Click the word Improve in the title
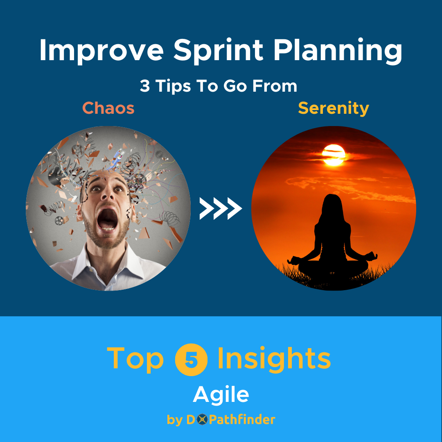pyautogui.click(x=101, y=51)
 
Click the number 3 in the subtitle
pyautogui.click(x=145, y=86)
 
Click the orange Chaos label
pyautogui.click(x=108, y=108)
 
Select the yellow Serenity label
pyautogui.click(x=333, y=108)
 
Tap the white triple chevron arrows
pyautogui.click(x=221, y=208)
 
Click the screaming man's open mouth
pyautogui.click(x=108, y=221)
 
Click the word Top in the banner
pyautogui.click(x=135, y=359)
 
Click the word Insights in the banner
pyautogui.click(x=274, y=359)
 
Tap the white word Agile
pyautogui.click(x=221, y=395)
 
